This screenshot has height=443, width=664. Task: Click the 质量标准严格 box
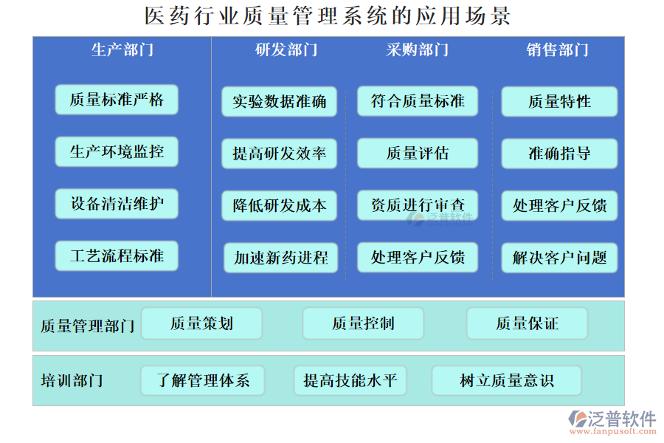pyautogui.click(x=117, y=100)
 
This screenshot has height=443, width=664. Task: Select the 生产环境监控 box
pyautogui.click(x=117, y=152)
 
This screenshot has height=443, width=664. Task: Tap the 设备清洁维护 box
pyautogui.click(x=117, y=204)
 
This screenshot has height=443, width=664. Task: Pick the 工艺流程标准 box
pyautogui.click(x=117, y=256)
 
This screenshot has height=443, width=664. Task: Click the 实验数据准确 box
pyautogui.click(x=280, y=102)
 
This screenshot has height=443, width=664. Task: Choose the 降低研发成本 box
pyautogui.click(x=280, y=206)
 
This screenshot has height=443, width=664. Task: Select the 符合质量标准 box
pyautogui.click(x=418, y=101)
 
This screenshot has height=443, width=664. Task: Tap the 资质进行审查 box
pyautogui.click(x=418, y=205)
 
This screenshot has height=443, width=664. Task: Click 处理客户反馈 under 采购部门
pyautogui.click(x=418, y=258)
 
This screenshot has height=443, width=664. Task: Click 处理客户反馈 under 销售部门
pyautogui.click(x=559, y=206)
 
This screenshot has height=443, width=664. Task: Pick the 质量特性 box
pyautogui.click(x=559, y=102)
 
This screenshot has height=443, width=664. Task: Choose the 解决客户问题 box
pyautogui.click(x=559, y=258)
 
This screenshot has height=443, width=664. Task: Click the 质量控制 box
pyautogui.click(x=363, y=323)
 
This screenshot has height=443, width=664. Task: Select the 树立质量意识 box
pyautogui.click(x=507, y=381)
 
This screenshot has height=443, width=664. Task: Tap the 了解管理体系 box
pyautogui.click(x=203, y=381)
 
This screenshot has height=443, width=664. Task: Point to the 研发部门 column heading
pyautogui.click(x=286, y=50)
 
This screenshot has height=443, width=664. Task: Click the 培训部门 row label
pyautogui.click(x=72, y=381)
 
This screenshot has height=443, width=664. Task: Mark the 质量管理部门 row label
pyautogui.click(x=87, y=326)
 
